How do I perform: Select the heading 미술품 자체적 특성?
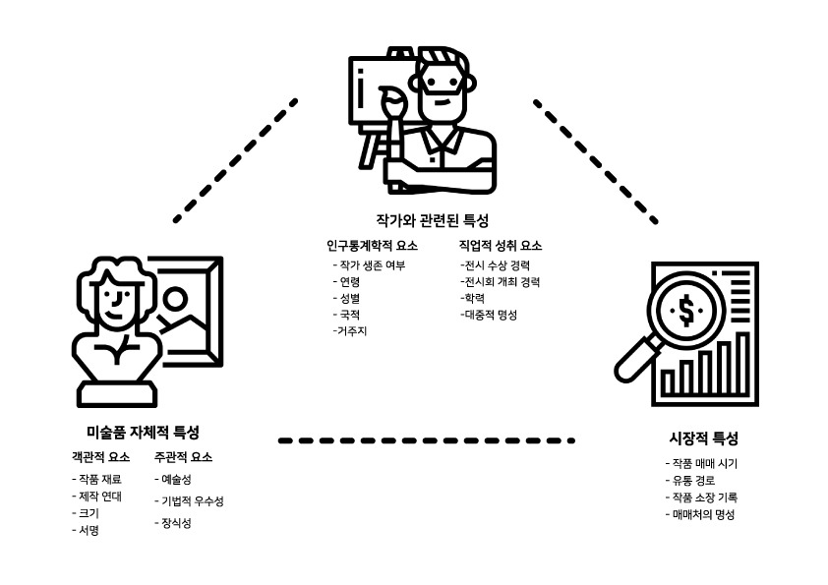(x=143, y=432)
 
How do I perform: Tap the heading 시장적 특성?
(x=703, y=439)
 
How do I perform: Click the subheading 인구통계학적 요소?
(x=373, y=246)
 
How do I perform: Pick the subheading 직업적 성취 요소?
(x=501, y=246)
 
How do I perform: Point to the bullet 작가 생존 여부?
(x=371, y=265)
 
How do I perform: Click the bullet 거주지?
(x=352, y=331)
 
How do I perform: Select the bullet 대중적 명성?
(x=489, y=315)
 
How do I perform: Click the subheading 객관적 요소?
(x=100, y=457)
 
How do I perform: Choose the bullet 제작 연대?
(x=99, y=496)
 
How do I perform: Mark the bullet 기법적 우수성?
(x=191, y=501)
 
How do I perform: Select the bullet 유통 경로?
(x=691, y=481)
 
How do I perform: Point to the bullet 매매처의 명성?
(x=700, y=514)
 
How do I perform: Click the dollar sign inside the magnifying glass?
(x=684, y=312)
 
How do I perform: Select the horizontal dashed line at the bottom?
(x=426, y=440)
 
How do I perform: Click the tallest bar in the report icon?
(x=742, y=364)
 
